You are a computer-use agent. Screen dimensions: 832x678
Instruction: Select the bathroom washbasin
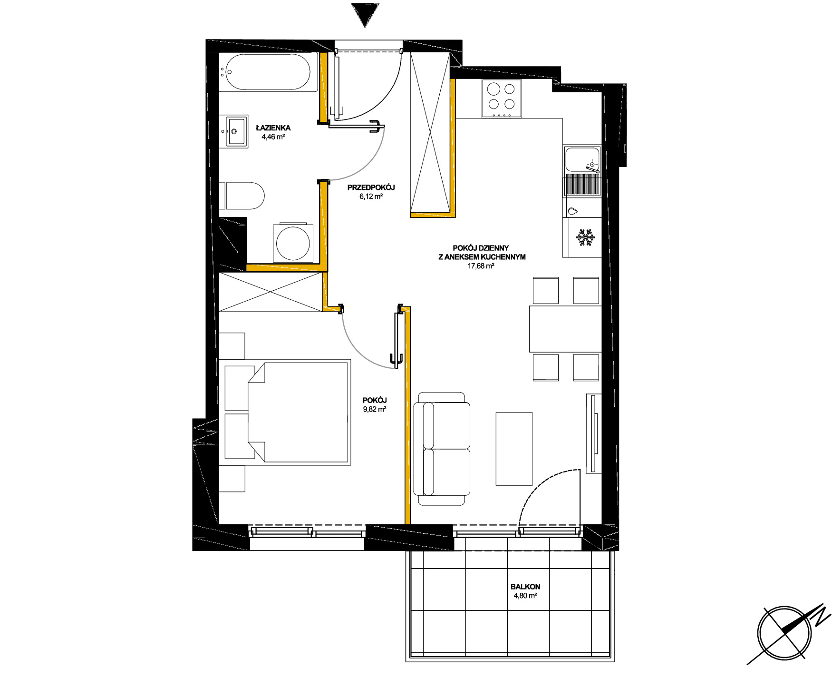click(234, 131)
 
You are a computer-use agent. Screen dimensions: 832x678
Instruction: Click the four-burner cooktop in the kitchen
click(502, 98)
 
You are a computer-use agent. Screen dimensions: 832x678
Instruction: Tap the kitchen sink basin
click(583, 160)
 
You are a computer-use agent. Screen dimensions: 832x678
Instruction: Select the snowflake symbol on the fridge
click(586, 238)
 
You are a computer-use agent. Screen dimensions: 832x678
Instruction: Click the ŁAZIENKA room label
click(273, 128)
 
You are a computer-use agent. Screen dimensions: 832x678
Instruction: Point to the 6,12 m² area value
click(371, 197)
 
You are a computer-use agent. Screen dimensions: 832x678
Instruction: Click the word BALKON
click(525, 587)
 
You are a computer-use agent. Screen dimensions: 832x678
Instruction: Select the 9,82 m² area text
click(375, 409)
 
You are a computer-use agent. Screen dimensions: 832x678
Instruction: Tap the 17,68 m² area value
click(481, 266)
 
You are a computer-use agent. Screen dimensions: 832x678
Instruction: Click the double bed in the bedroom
click(299, 413)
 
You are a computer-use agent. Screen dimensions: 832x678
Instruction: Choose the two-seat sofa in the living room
click(442, 449)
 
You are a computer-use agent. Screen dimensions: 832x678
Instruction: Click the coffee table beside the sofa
click(514, 449)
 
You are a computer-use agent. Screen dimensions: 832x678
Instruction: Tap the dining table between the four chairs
click(565, 329)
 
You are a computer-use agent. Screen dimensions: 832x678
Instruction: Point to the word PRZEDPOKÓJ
click(371, 187)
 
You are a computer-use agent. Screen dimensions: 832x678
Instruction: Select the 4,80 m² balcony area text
click(525, 596)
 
